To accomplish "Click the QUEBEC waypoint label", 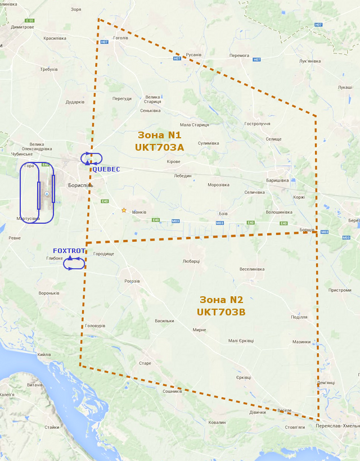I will [106, 169].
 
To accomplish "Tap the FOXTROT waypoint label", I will [69, 251].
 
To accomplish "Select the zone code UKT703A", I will [159, 147].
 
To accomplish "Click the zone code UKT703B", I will [221, 311].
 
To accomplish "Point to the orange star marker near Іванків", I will [124, 210].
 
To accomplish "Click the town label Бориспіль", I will [80, 185].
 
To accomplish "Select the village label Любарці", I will [191, 261].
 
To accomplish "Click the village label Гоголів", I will [120, 38].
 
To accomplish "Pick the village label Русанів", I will [193, 55].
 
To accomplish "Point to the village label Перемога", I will [239, 55].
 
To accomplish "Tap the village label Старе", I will [145, 363].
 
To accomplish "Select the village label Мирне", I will [199, 330].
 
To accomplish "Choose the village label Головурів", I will [94, 326].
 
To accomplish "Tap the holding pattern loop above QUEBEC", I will [91, 159].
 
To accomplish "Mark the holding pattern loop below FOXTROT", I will [74, 263].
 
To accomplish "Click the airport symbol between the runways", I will [47, 194].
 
